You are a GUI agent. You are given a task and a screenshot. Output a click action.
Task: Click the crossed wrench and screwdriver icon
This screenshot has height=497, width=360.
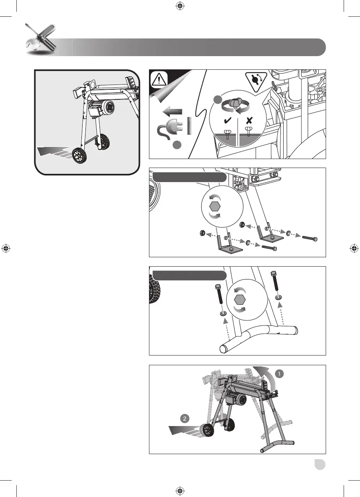(39, 39)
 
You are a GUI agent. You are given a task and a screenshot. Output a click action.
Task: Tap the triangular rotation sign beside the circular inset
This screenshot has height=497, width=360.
(255, 81)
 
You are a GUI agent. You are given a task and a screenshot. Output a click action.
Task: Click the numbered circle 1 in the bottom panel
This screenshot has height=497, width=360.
(279, 373)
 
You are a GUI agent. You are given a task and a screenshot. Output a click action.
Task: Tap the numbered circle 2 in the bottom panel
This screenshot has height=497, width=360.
(185, 419)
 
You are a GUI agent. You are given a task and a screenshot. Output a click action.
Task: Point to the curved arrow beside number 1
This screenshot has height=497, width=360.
(265, 376)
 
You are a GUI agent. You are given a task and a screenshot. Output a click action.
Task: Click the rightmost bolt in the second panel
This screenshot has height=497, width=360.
(310, 237)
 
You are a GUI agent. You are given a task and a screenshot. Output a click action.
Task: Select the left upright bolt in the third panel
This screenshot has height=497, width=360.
(218, 296)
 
